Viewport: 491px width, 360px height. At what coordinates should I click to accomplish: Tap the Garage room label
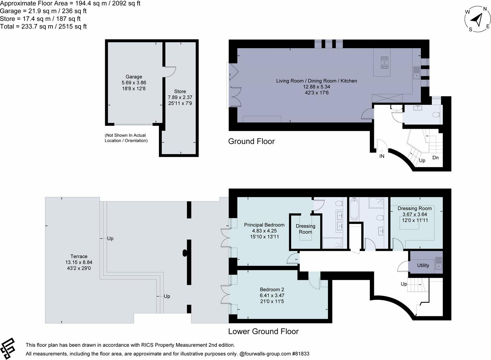coord(134,76)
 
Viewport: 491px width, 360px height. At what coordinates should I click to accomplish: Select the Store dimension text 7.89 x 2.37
coord(180,97)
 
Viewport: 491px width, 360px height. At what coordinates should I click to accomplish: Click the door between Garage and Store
coord(170,72)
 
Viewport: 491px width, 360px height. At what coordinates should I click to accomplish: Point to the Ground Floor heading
coord(251,141)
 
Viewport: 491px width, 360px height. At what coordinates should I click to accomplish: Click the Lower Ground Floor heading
coord(263,331)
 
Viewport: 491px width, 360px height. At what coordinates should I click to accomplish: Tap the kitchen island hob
coord(385,62)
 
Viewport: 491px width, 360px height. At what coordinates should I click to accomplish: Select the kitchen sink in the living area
coord(416,72)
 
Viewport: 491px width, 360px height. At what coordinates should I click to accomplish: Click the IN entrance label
coord(382,155)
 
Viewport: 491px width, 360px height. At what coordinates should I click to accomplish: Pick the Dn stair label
coord(435,157)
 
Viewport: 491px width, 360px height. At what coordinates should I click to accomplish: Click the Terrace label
coord(79,256)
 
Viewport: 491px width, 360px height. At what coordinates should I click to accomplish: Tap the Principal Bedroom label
coord(264,225)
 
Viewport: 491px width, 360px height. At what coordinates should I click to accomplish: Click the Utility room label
coord(423,265)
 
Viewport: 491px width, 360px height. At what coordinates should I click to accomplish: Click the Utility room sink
coord(438,263)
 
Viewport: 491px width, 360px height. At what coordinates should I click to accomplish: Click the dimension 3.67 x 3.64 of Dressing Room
coord(415,214)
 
